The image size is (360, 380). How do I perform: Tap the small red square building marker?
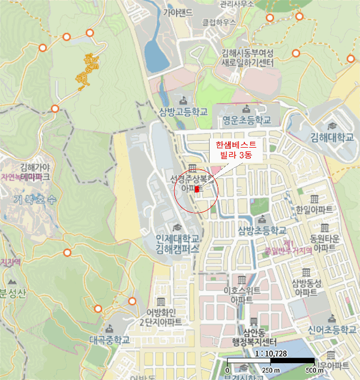pos(197,190)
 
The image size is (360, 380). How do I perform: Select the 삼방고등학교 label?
pos(184,112)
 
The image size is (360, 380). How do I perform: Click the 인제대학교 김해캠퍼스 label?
pos(178,244)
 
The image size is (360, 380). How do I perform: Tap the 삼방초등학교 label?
pos(262,231)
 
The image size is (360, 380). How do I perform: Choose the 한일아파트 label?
pos(314,210)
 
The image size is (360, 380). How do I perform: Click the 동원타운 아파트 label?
pos(324,243)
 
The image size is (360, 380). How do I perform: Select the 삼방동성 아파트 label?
pos(307,287)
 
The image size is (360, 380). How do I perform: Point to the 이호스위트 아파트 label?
pos(242,295)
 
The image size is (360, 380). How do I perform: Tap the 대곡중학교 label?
pos(110,340)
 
